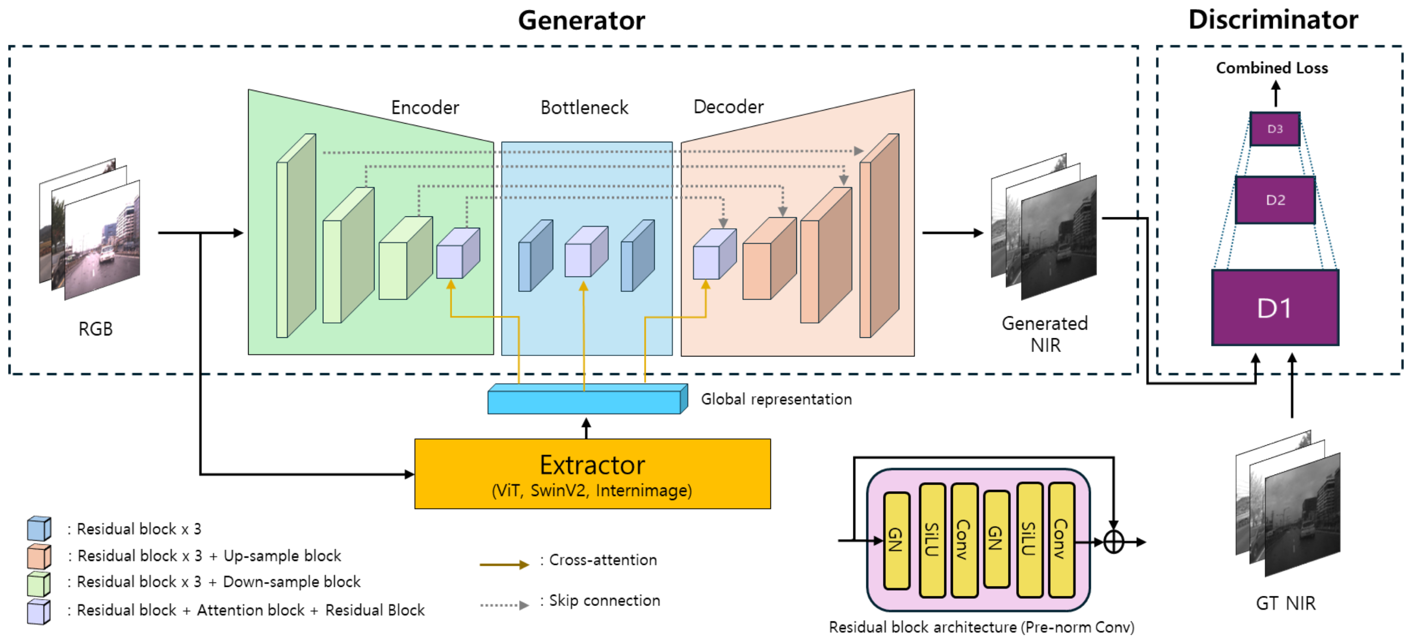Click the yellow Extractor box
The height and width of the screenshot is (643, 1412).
click(593, 474)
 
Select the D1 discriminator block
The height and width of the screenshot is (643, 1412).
click(1275, 307)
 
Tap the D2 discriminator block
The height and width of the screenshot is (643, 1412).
click(1275, 200)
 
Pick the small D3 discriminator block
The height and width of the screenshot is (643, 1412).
click(1275, 129)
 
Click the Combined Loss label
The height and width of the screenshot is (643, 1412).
click(1272, 68)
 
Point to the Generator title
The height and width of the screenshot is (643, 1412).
click(581, 20)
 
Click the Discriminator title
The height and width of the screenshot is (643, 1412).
click(1273, 20)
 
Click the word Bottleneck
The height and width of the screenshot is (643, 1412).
click(584, 107)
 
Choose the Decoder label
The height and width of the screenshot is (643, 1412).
click(728, 107)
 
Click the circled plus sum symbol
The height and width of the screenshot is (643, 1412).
click(1113, 542)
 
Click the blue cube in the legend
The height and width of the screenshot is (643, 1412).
click(39, 529)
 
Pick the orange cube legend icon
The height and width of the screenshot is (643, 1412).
click(39, 556)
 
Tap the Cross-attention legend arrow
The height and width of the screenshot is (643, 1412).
click(504, 564)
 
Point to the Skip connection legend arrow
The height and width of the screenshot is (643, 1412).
click(504, 605)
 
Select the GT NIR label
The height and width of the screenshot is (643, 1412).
click(1285, 603)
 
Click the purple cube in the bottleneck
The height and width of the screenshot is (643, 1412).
click(586, 252)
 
